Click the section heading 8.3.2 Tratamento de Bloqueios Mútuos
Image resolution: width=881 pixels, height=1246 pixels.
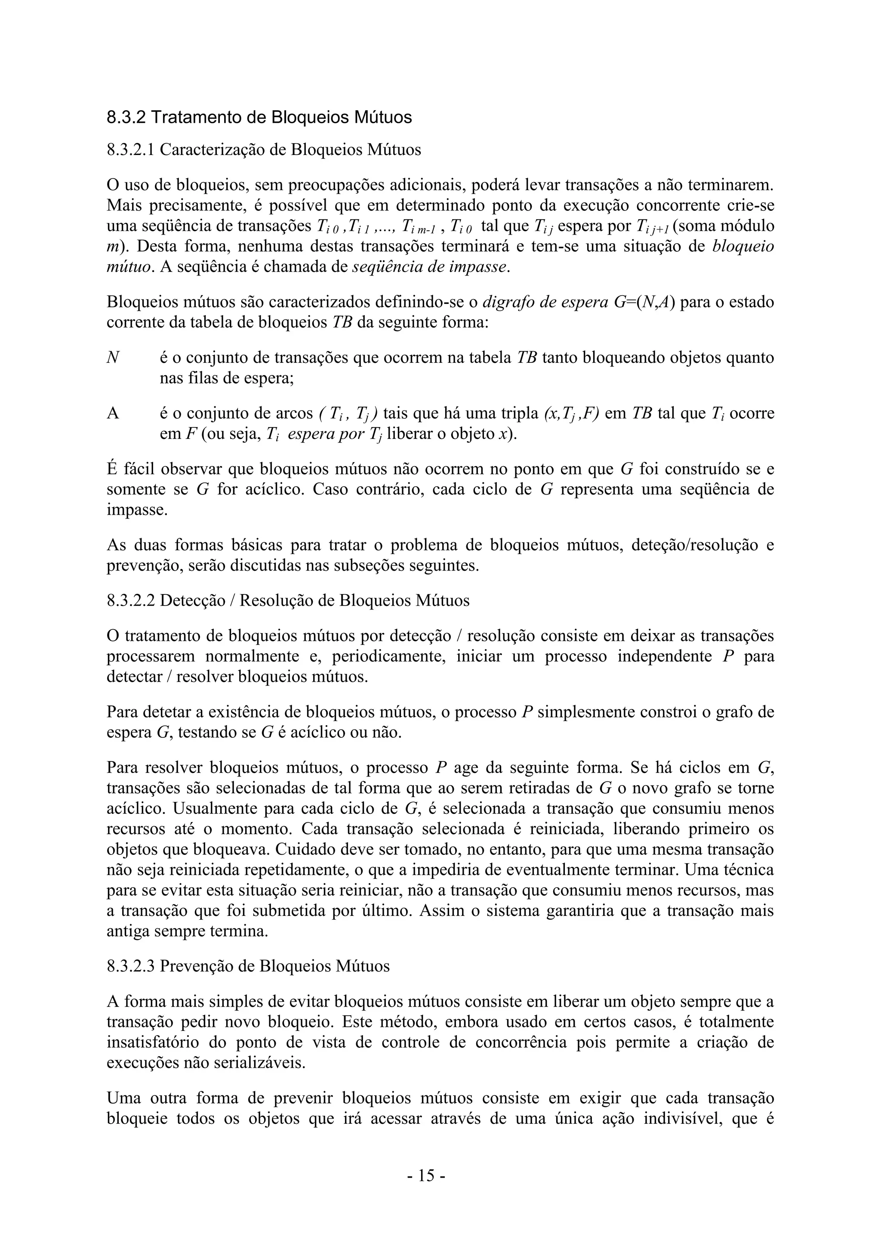[259, 117]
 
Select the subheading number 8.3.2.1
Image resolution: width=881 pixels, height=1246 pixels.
[130, 150]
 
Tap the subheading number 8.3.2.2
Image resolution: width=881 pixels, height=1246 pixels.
[131, 601]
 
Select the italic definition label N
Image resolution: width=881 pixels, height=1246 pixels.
[113, 358]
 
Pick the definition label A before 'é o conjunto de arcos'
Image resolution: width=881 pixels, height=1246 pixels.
[112, 414]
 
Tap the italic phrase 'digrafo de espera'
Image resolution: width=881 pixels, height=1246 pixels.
[545, 302]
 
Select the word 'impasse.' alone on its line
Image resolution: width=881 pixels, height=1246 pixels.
[137, 510]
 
